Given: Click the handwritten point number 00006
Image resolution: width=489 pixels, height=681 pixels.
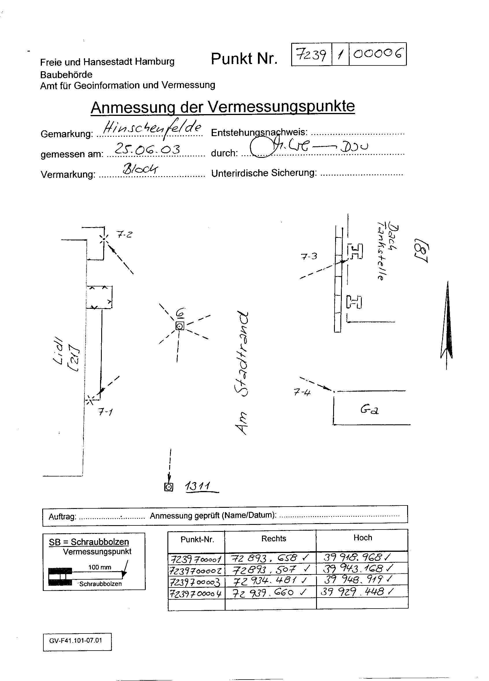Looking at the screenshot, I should pos(377,54).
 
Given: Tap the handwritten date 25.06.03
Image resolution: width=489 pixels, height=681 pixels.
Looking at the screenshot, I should pos(147,149).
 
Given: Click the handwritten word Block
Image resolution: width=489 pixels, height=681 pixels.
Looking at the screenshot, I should pos(140,169).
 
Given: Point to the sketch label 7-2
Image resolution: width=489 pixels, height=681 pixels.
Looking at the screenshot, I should pos(124,235).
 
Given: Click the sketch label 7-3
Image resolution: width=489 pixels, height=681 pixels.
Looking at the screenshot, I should pos(309,256).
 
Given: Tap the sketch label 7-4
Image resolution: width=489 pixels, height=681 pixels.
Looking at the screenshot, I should pos(302,392).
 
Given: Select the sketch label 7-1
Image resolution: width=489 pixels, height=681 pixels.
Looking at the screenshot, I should pos(105,412).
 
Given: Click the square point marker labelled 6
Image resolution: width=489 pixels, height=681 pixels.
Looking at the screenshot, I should pos(180,326).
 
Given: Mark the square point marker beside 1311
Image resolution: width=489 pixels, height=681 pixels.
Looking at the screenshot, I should pos(169,487).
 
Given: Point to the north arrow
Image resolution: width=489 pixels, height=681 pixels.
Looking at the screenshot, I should pos(447,324).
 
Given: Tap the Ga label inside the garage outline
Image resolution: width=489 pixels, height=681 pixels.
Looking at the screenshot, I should pos(369,410).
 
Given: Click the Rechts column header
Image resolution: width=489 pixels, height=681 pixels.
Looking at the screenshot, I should pos(274,538).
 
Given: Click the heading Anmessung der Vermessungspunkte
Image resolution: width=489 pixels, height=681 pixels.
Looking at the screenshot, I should pos(223,107).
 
